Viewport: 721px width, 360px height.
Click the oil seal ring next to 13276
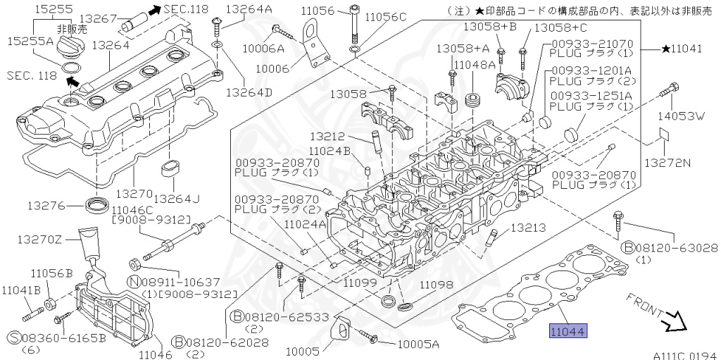97,206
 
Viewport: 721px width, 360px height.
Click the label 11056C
385,16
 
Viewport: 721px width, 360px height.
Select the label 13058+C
560,27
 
